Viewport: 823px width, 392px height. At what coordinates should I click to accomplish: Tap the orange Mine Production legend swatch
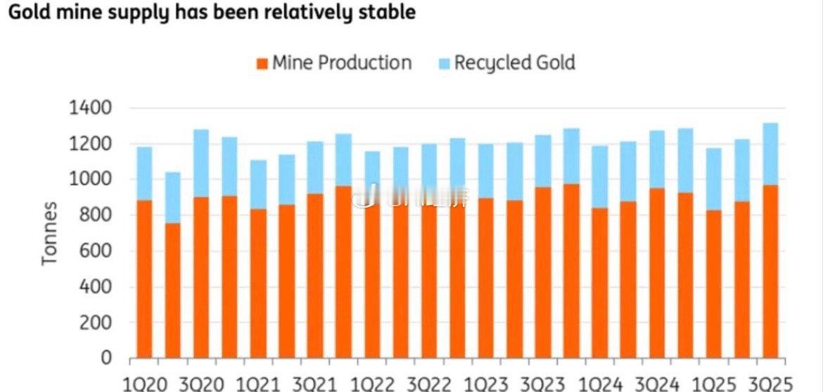[262, 63]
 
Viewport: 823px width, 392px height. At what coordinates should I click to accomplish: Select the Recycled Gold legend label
[514, 63]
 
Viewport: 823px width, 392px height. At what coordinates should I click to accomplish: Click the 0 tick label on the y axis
[106, 358]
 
